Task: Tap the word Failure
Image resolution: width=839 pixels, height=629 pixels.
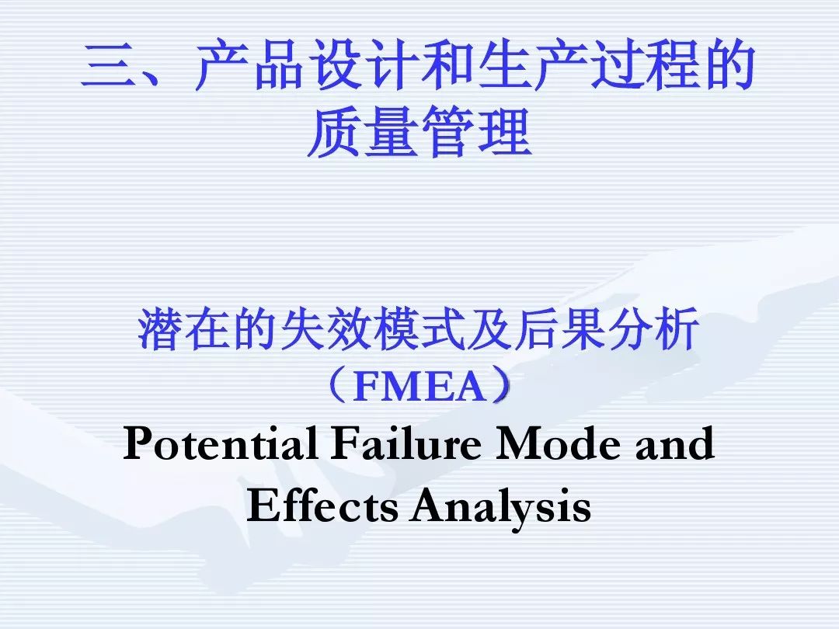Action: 406,443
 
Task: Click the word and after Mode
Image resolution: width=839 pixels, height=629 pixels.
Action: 675,444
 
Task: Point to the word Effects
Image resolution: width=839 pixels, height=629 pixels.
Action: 322,505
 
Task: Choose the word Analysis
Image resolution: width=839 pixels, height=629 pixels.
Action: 501,506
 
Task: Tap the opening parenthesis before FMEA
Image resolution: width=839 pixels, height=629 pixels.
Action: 337,385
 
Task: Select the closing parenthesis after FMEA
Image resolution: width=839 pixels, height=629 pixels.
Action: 500,385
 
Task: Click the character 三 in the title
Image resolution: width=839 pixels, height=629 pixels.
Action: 109,64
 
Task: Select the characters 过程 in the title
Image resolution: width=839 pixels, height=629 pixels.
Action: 644,64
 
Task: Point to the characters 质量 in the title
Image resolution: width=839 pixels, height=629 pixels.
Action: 362,131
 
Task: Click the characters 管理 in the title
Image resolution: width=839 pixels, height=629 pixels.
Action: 476,131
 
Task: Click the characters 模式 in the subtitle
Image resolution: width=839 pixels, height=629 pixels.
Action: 419,329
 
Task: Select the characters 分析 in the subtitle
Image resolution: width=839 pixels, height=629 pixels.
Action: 653,329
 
